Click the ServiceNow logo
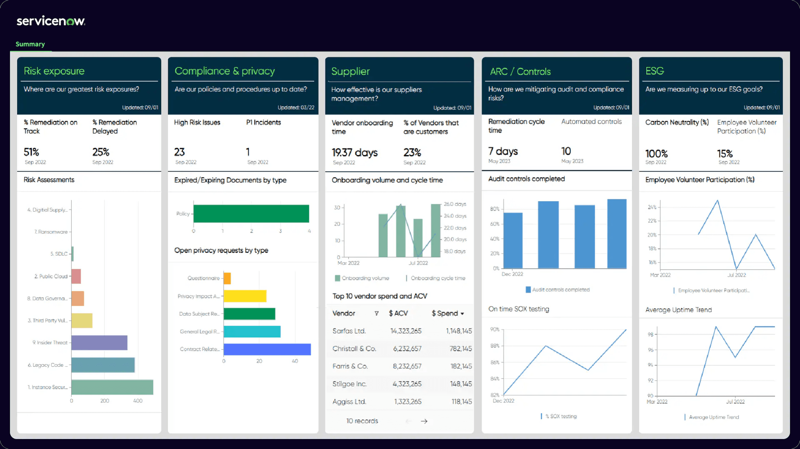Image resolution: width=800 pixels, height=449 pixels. [51, 21]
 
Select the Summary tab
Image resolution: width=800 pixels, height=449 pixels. [30, 44]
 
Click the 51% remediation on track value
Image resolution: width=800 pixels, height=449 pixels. [31, 152]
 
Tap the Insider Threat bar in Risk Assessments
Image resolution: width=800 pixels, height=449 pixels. [99, 342]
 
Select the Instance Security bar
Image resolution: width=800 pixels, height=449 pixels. [112, 387]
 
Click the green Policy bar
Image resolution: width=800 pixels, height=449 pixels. [251, 214]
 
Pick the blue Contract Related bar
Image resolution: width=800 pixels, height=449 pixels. [267, 349]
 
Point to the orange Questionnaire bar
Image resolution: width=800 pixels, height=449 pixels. [227, 278]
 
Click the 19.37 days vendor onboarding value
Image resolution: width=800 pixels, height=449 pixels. [354, 153]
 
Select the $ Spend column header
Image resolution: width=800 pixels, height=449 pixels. [447, 313]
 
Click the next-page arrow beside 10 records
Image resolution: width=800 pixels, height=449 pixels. [424, 421]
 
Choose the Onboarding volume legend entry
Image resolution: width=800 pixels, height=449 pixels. [362, 278]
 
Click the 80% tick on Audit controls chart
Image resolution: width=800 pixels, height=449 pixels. [495, 209]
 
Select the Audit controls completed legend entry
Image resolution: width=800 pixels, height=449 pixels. [558, 290]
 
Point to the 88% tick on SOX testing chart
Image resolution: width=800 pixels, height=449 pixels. [495, 346]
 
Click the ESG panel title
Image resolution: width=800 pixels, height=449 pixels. [654, 71]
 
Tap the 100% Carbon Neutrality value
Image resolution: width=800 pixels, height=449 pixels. [656, 154]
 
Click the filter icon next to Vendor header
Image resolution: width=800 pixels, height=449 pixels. [376, 313]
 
